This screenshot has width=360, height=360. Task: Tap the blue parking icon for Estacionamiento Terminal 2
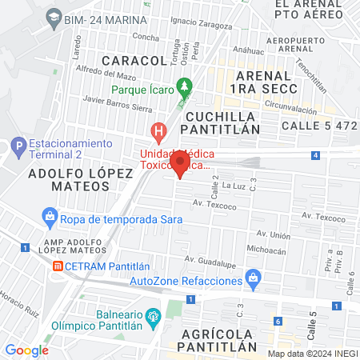[x=17, y=148]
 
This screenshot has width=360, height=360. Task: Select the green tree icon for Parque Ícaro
[x=186, y=84]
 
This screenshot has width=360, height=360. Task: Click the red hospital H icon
[x=158, y=130]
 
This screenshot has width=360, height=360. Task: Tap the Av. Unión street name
[x=273, y=234]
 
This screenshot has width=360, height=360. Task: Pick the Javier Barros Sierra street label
[x=117, y=102]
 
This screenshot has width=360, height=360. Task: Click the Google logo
[x=26, y=350]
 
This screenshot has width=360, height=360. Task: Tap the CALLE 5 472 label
[x=318, y=126]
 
